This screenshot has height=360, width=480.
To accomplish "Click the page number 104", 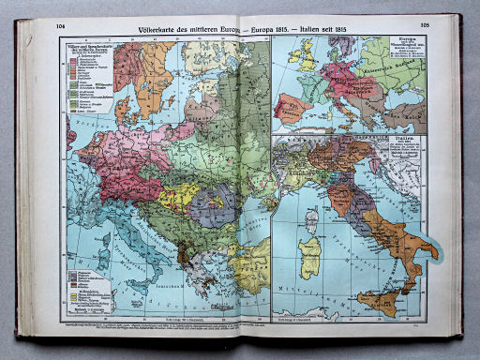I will pyautogui.click(x=62, y=25).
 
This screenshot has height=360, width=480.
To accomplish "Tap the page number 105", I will pyautogui.click(x=423, y=25).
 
